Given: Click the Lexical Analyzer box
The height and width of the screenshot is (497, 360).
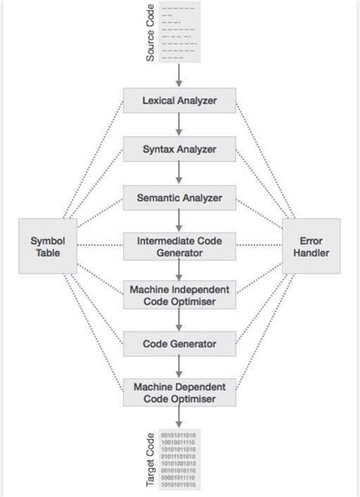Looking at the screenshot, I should coord(180,100).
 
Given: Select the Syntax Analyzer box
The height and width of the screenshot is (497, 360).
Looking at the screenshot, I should coord(180,149).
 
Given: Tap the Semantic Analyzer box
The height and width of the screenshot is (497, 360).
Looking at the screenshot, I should coord(180,198).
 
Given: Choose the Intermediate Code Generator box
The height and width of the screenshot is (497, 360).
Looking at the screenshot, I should coord(180,246).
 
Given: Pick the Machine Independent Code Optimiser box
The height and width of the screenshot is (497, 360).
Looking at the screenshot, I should coord(180,295).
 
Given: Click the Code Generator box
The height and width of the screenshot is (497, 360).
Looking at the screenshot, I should coord(180,343).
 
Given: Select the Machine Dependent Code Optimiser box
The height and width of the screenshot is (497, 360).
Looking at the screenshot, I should coord(180,392).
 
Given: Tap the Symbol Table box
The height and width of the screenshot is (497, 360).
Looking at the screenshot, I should coord(48,246).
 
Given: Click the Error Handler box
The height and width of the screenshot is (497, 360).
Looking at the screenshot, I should coord(311,246).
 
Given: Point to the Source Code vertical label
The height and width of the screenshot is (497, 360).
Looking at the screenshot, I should coord(150,34).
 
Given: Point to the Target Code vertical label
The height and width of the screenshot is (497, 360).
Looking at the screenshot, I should coord(150,461).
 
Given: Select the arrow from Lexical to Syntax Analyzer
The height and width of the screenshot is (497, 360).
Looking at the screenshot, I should coord(180,124).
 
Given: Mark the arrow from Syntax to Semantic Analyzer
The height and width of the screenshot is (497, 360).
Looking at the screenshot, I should coord(180,173).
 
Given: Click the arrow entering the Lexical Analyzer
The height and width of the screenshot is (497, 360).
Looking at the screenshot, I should coord(180,74).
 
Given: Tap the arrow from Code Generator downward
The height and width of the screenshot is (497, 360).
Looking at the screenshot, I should coord(180,367).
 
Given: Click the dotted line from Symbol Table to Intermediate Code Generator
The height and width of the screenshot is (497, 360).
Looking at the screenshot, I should coord(100,246).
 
